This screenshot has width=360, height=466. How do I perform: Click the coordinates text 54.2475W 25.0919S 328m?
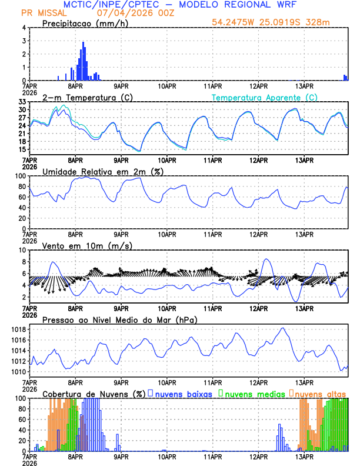271,22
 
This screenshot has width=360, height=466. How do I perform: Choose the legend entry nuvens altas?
320,394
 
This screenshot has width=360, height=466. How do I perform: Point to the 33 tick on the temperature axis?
22,102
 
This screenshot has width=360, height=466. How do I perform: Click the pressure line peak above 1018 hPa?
283,328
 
